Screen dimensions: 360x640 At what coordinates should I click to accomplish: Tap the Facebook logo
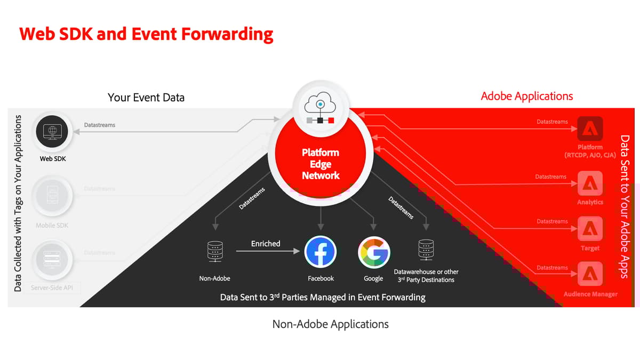tap(321, 252)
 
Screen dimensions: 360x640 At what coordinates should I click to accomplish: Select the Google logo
tap(373, 252)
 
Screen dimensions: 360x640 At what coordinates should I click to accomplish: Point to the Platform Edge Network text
tap(321, 164)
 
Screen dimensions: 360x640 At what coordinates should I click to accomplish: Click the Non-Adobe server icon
tap(214, 252)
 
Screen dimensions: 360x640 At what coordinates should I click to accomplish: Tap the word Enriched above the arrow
tap(266, 243)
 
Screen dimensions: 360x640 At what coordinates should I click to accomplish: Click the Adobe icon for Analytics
tap(590, 183)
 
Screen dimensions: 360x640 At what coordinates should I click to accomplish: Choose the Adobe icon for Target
tap(590, 229)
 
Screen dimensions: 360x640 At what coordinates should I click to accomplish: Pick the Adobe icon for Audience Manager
tap(590, 275)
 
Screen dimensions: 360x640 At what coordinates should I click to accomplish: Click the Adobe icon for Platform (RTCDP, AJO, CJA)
tap(590, 129)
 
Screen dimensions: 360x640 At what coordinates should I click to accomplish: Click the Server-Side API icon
tap(52, 259)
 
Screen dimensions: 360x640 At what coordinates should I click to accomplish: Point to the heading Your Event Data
tap(146, 97)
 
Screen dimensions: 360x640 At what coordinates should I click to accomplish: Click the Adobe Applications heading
tap(526, 96)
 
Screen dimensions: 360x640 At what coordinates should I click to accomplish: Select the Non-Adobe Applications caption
tap(330, 324)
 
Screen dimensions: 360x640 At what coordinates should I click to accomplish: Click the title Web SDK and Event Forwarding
tap(146, 34)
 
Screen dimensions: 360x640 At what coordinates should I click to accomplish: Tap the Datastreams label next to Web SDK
tap(99, 125)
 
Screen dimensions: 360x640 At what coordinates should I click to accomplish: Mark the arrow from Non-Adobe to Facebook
tap(265, 252)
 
